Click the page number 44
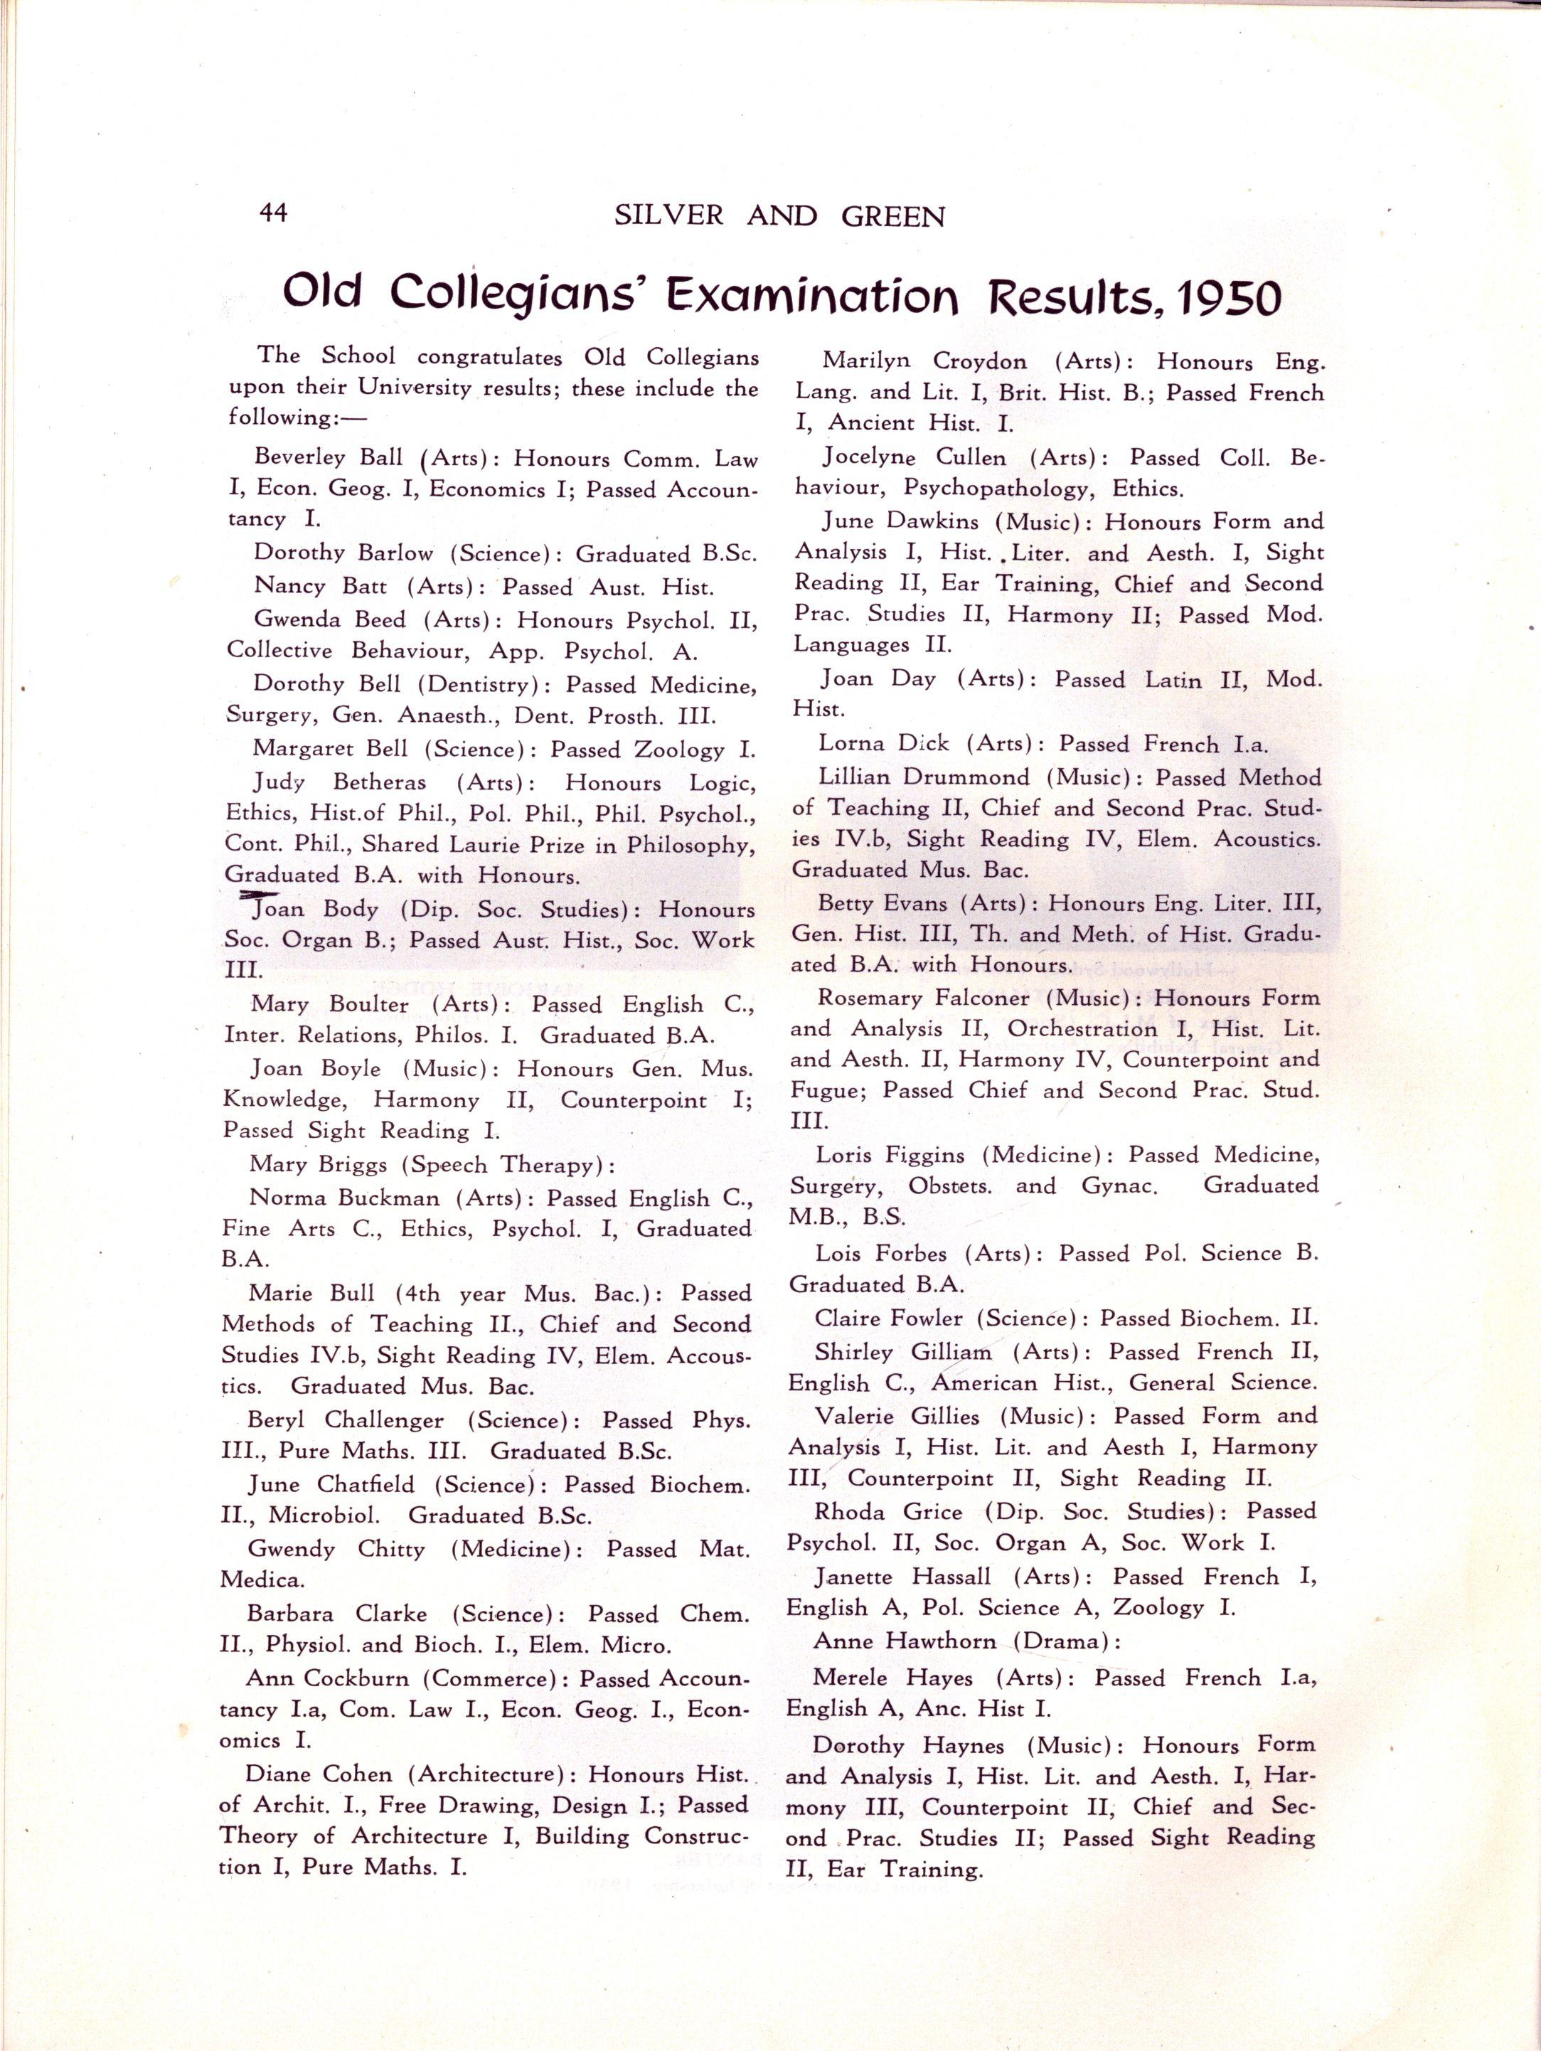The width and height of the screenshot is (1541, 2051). tap(274, 213)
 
